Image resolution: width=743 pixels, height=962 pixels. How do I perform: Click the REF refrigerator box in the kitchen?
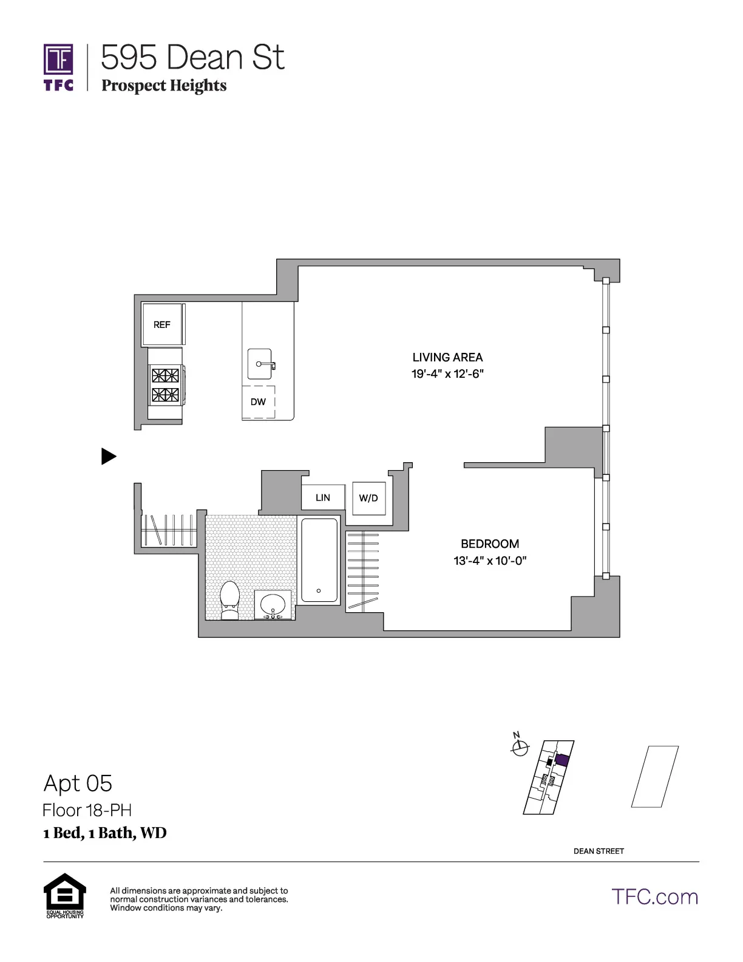[162, 324]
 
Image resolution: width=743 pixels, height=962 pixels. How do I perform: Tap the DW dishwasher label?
[258, 401]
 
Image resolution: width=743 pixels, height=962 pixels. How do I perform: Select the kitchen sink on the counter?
[260, 364]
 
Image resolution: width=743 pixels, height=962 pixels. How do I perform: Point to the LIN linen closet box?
[323, 497]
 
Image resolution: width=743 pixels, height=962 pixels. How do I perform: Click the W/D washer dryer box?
[368, 498]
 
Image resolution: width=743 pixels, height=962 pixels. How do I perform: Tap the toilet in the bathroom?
[229, 600]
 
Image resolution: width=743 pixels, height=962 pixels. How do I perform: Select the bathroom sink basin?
[273, 604]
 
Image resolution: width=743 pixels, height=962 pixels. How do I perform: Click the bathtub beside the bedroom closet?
[319, 559]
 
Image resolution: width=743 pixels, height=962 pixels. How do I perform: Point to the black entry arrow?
[108, 456]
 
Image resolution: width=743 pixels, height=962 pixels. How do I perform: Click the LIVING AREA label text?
[447, 357]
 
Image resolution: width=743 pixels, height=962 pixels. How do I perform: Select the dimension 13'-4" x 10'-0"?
[490, 561]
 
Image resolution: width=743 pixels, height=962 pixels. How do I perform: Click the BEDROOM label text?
[490, 544]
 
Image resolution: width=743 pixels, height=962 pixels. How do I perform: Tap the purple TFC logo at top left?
[58, 67]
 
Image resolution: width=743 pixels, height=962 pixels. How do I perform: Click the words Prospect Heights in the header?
[164, 86]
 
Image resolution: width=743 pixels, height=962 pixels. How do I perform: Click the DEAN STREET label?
[599, 851]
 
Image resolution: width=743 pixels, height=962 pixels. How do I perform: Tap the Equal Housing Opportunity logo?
[64, 895]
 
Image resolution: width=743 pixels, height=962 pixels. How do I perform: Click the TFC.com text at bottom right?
[654, 897]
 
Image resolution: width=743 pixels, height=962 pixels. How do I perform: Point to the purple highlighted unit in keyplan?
[562, 760]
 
